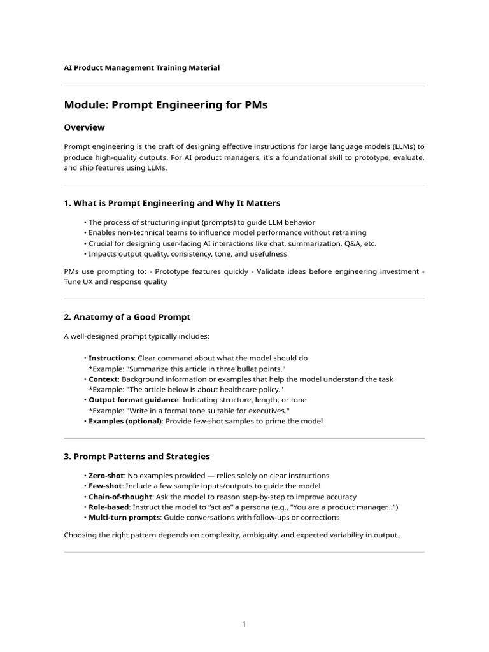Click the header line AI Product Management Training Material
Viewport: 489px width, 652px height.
click(x=142, y=67)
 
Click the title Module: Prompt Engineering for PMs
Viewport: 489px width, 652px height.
click(x=166, y=105)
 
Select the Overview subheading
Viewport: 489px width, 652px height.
click(x=84, y=127)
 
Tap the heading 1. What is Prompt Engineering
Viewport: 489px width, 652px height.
click(x=172, y=203)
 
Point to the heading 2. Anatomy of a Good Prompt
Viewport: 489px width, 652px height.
click(x=127, y=316)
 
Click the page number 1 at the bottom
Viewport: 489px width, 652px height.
click(x=244, y=624)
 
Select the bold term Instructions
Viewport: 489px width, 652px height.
click(x=111, y=358)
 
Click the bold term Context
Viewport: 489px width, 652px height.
click(x=104, y=379)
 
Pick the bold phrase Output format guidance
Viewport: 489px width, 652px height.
click(x=134, y=400)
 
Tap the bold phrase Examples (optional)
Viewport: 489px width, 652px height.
click(x=125, y=421)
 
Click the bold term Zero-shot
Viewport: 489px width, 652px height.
click(x=106, y=476)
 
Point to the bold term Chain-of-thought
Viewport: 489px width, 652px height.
click(x=120, y=497)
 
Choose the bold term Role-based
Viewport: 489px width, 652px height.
click(x=109, y=507)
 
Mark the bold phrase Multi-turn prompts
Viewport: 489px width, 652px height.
click(x=124, y=518)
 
